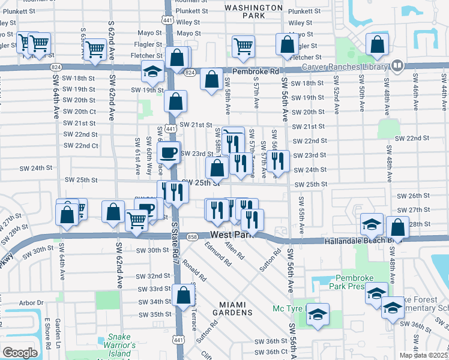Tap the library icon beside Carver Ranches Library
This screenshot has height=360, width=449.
pyautogui.click(x=397, y=65)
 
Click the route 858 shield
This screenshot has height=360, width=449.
pyautogui.click(x=193, y=237)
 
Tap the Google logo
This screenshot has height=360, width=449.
pyautogui.click(x=20, y=353)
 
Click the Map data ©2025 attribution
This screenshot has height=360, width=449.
pyautogui.click(x=424, y=355)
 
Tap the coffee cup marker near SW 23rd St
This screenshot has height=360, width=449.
pyautogui.click(x=169, y=152)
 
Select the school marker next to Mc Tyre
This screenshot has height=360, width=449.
pyautogui.click(x=317, y=314)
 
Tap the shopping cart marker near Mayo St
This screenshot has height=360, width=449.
pyautogui.click(x=244, y=46)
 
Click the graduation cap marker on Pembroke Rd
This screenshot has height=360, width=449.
pyautogui.click(x=153, y=71)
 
